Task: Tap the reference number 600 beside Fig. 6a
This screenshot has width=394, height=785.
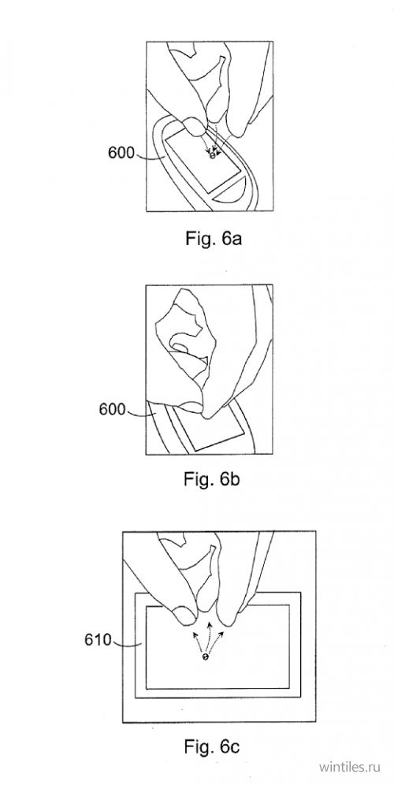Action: (121, 153)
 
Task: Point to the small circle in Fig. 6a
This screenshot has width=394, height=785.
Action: (212, 156)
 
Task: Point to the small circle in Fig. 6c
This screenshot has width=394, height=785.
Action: (204, 657)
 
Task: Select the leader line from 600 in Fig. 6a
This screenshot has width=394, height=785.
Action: (151, 156)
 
